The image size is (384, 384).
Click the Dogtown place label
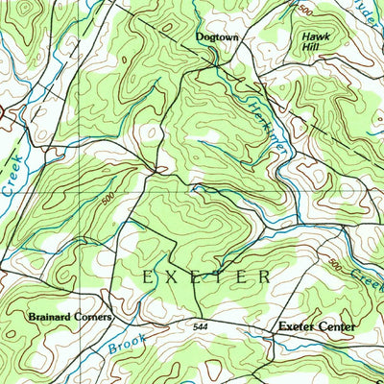216,37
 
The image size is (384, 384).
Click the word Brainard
52,316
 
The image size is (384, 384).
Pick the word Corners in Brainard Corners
95,316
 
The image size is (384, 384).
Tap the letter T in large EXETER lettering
219,276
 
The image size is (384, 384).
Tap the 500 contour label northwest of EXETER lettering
109,201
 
